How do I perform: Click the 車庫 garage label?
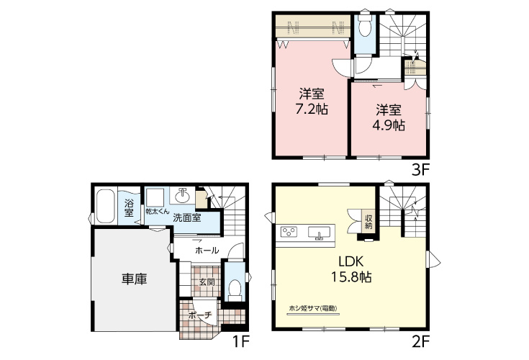tap(135, 279)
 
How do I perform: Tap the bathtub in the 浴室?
tap(105, 206)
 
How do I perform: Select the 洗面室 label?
tap(187, 217)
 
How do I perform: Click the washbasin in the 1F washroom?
tap(182, 195)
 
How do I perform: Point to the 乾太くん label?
tap(157, 211)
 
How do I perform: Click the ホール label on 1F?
tap(207, 251)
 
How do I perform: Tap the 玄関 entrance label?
tap(207, 282)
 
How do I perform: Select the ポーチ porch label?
tap(200, 315)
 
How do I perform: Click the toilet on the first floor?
tap(235, 289)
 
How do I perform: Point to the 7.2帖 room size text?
tap(312, 109)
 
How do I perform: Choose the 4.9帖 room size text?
tap(389, 125)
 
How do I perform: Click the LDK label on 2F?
tap(351, 261)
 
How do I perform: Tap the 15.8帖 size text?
tap(351, 277)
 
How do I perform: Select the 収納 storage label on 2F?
tap(369, 220)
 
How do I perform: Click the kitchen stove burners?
tap(289, 232)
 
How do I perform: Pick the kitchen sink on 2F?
tap(319, 233)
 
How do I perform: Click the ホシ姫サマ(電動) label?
tap(313, 308)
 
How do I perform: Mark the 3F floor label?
tap(420, 170)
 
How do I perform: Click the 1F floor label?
tap(240, 343)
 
